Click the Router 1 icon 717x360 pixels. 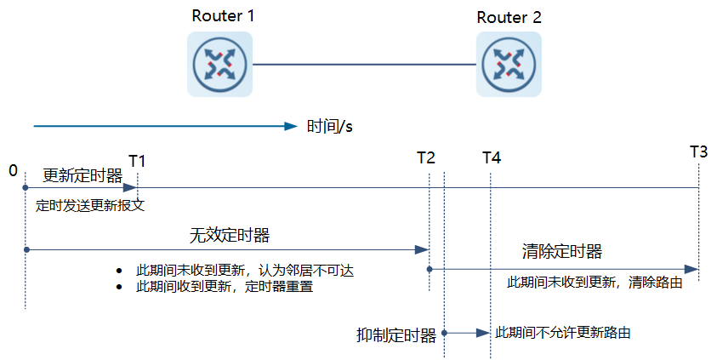(220, 64)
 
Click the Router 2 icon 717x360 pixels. (508, 64)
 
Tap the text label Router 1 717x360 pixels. (222, 15)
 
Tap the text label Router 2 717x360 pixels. (509, 17)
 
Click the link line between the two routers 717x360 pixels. (364, 65)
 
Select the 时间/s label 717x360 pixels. (330, 127)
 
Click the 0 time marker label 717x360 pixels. (13, 171)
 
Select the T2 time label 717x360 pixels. (426, 157)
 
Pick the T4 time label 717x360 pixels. (491, 157)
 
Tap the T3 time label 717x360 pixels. (698, 152)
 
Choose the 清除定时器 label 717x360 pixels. (561, 251)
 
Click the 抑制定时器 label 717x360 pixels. (396, 335)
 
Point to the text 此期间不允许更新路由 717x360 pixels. (563, 333)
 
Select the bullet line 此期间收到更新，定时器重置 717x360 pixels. (225, 287)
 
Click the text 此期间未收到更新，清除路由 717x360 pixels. (595, 282)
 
